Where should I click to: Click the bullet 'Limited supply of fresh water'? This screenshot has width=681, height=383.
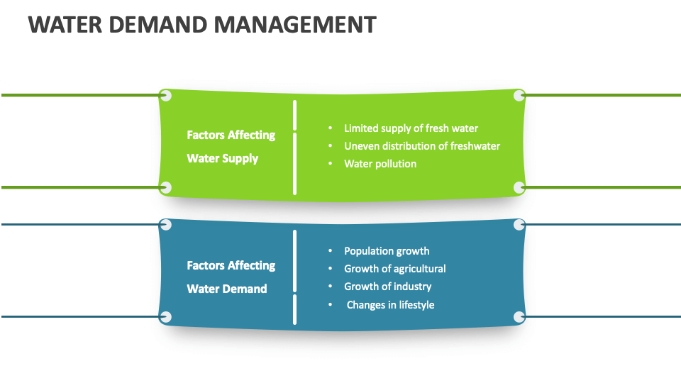[x=411, y=128]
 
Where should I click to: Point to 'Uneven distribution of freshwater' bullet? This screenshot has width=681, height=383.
[x=421, y=146]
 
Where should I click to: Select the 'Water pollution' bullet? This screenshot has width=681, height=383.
[x=380, y=164]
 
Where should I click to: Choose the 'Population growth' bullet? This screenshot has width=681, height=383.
[x=387, y=251]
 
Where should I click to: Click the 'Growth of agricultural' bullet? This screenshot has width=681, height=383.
[x=394, y=269]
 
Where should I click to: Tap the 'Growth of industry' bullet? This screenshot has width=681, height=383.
[x=387, y=287]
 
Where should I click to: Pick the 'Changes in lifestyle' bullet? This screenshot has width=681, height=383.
[x=390, y=305]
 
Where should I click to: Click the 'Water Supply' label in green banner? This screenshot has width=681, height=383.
[x=222, y=158]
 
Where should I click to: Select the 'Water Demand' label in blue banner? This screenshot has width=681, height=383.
[x=226, y=289]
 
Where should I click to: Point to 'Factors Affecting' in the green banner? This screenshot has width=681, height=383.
[x=231, y=135]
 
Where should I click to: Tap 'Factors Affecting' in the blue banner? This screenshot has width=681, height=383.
[x=231, y=265]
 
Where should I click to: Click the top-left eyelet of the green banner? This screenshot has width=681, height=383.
[x=166, y=95]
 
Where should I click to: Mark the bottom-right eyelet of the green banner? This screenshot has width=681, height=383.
[x=519, y=187]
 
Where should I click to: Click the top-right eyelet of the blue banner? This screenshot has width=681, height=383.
[x=519, y=225]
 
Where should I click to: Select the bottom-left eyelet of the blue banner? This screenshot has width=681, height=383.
[x=166, y=317]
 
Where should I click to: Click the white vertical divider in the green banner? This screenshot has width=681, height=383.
[x=294, y=147]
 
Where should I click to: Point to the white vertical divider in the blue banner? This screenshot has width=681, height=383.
[x=294, y=277]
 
